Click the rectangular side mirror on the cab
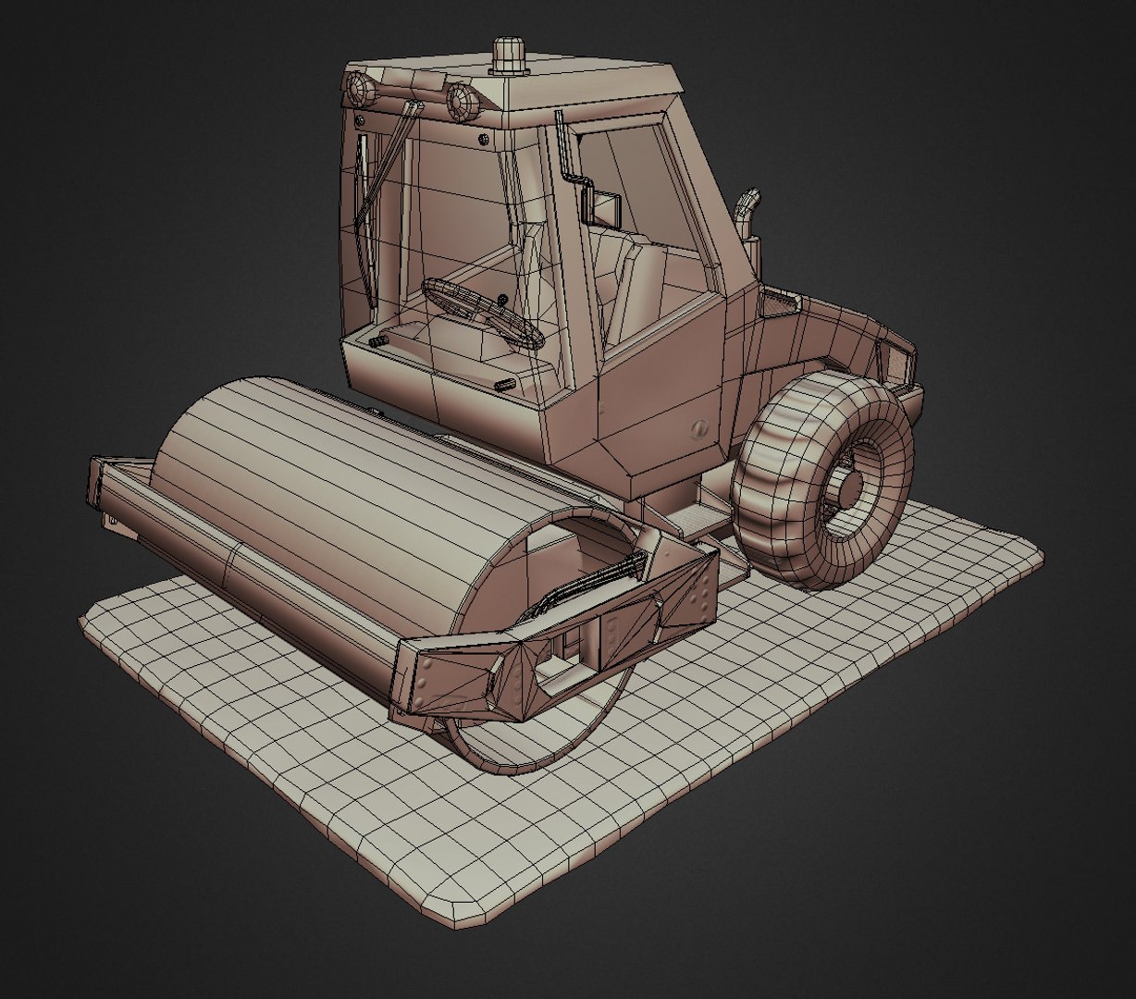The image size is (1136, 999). pyautogui.click(x=606, y=210)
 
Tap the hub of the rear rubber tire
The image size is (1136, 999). pyautogui.click(x=849, y=487)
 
